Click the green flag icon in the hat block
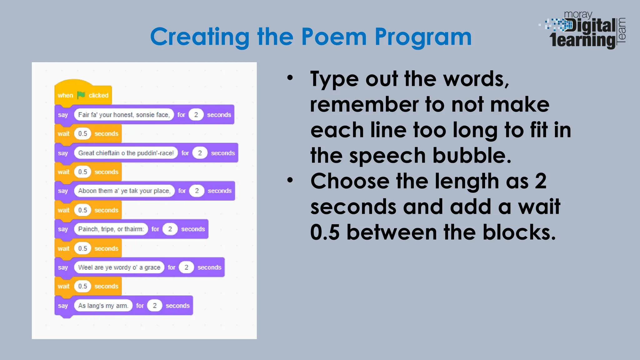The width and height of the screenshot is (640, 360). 81,95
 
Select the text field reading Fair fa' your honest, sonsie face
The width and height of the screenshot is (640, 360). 124,115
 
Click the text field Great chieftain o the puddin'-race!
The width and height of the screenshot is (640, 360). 126,153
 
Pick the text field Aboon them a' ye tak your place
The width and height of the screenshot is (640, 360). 124,191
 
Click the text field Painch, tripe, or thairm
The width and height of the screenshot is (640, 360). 111,229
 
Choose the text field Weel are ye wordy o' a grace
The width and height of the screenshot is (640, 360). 119,267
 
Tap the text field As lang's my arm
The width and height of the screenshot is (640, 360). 103,306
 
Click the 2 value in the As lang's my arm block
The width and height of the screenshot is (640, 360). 154,306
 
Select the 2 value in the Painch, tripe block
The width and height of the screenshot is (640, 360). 170,229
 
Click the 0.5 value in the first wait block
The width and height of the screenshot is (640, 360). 82,134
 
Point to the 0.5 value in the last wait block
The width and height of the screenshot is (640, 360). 82,286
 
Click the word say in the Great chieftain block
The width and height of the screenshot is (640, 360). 63,153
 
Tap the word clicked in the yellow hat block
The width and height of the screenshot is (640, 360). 98,95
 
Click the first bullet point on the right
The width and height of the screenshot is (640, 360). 290,78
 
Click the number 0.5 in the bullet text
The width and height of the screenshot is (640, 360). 325,232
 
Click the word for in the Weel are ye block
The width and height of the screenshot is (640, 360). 172,267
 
